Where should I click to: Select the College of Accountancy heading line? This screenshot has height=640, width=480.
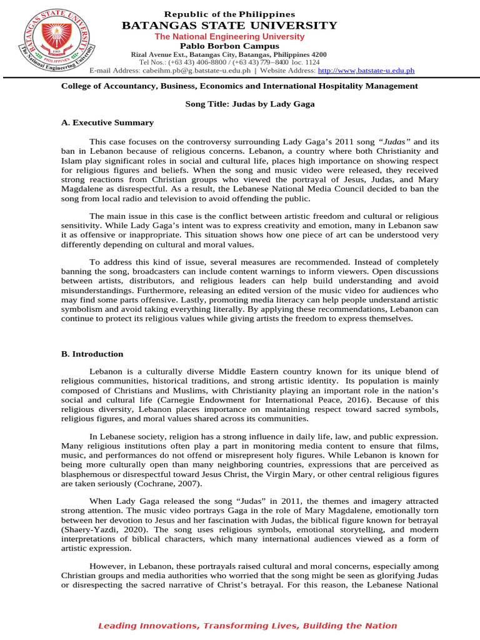pyautogui.click(x=239, y=86)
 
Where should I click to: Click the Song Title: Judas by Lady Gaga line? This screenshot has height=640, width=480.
pyautogui.click(x=250, y=104)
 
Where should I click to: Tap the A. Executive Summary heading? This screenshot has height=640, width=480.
pyautogui.click(x=107, y=122)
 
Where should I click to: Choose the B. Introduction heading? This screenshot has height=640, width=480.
pyautogui.click(x=92, y=354)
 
